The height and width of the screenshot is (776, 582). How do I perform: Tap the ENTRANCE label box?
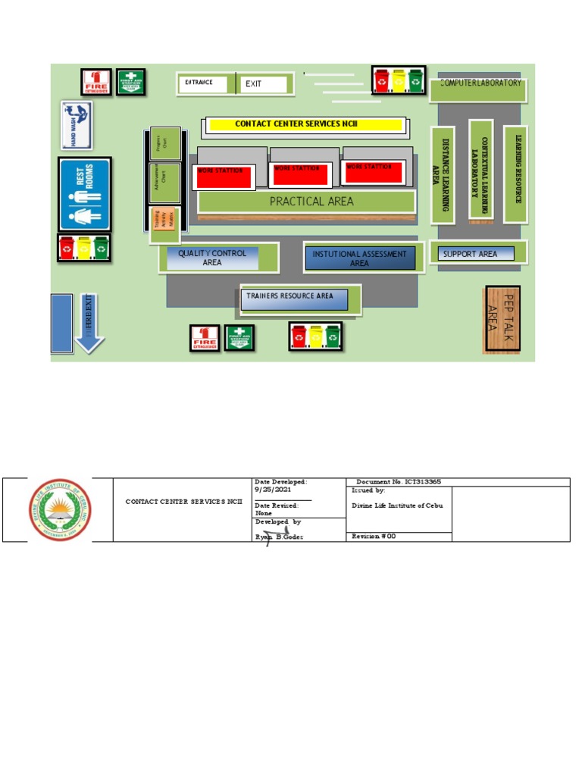[202, 83]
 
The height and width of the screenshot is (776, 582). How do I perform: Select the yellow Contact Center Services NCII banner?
[306, 124]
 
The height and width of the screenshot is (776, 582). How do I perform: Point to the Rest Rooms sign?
[85, 194]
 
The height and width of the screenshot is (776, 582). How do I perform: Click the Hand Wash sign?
[77, 125]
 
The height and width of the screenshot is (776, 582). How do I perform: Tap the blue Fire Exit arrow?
[89, 323]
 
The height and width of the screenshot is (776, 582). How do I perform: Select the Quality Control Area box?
[213, 258]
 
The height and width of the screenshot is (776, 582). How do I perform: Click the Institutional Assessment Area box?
[360, 258]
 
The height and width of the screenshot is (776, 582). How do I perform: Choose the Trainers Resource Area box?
[296, 299]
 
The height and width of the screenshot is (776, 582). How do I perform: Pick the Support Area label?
[471, 254]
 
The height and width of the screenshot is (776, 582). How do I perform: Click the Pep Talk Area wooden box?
[502, 319]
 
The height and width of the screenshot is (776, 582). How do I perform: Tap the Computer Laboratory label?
[480, 84]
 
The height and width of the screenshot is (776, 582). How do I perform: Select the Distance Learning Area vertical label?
[442, 174]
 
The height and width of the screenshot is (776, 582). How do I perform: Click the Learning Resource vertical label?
[516, 174]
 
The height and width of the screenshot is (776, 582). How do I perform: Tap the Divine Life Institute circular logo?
[60, 510]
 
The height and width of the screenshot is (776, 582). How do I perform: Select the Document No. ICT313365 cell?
[399, 482]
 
